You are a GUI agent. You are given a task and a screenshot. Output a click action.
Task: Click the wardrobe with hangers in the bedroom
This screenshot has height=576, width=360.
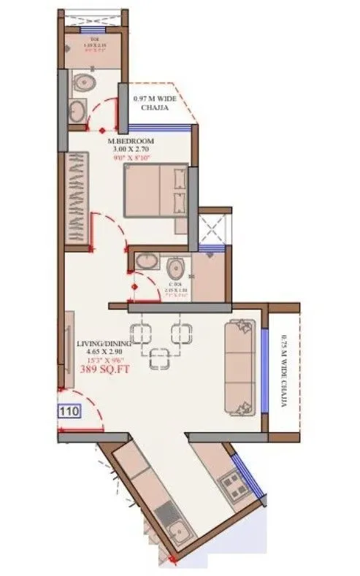(x=77, y=198)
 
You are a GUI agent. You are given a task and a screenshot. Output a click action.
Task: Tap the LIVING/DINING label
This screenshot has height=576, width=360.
(x=104, y=343)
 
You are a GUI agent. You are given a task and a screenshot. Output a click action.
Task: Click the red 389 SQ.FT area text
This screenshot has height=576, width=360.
(x=104, y=370)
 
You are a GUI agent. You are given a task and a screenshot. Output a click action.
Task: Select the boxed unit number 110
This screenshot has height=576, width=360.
(x=70, y=412)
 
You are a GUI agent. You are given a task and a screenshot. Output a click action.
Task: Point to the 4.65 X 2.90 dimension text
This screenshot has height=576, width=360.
(x=104, y=352)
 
